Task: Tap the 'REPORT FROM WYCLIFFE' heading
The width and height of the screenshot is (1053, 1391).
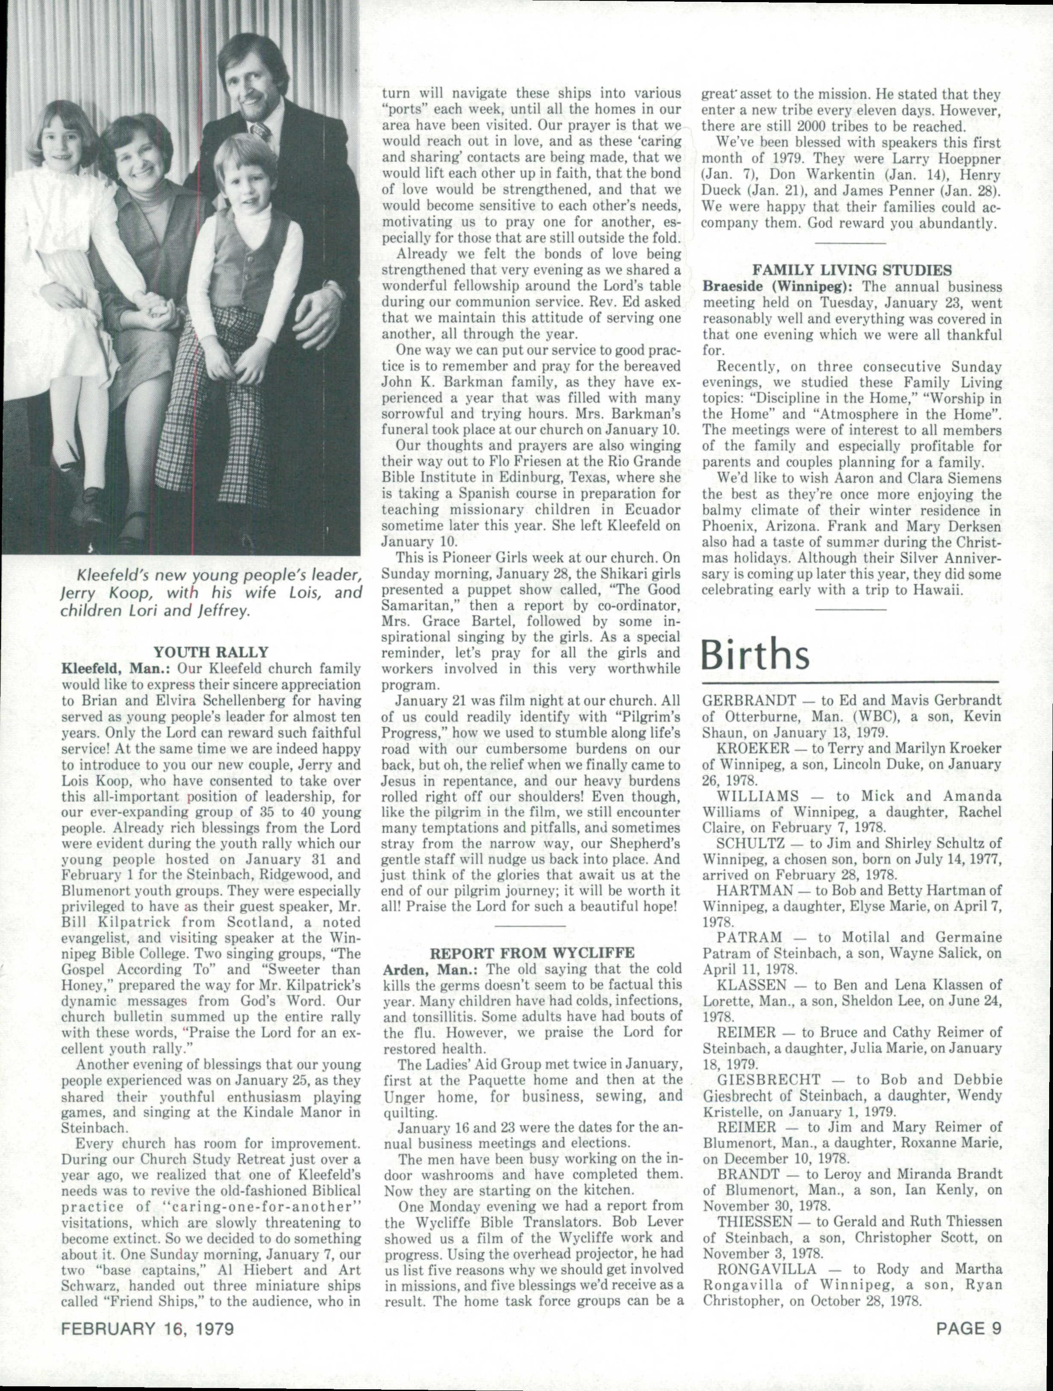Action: [x=532, y=953]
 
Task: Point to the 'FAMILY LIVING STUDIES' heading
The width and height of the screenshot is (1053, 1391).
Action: [x=852, y=270]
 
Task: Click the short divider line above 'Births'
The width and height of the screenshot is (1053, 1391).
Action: [x=850, y=609]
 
